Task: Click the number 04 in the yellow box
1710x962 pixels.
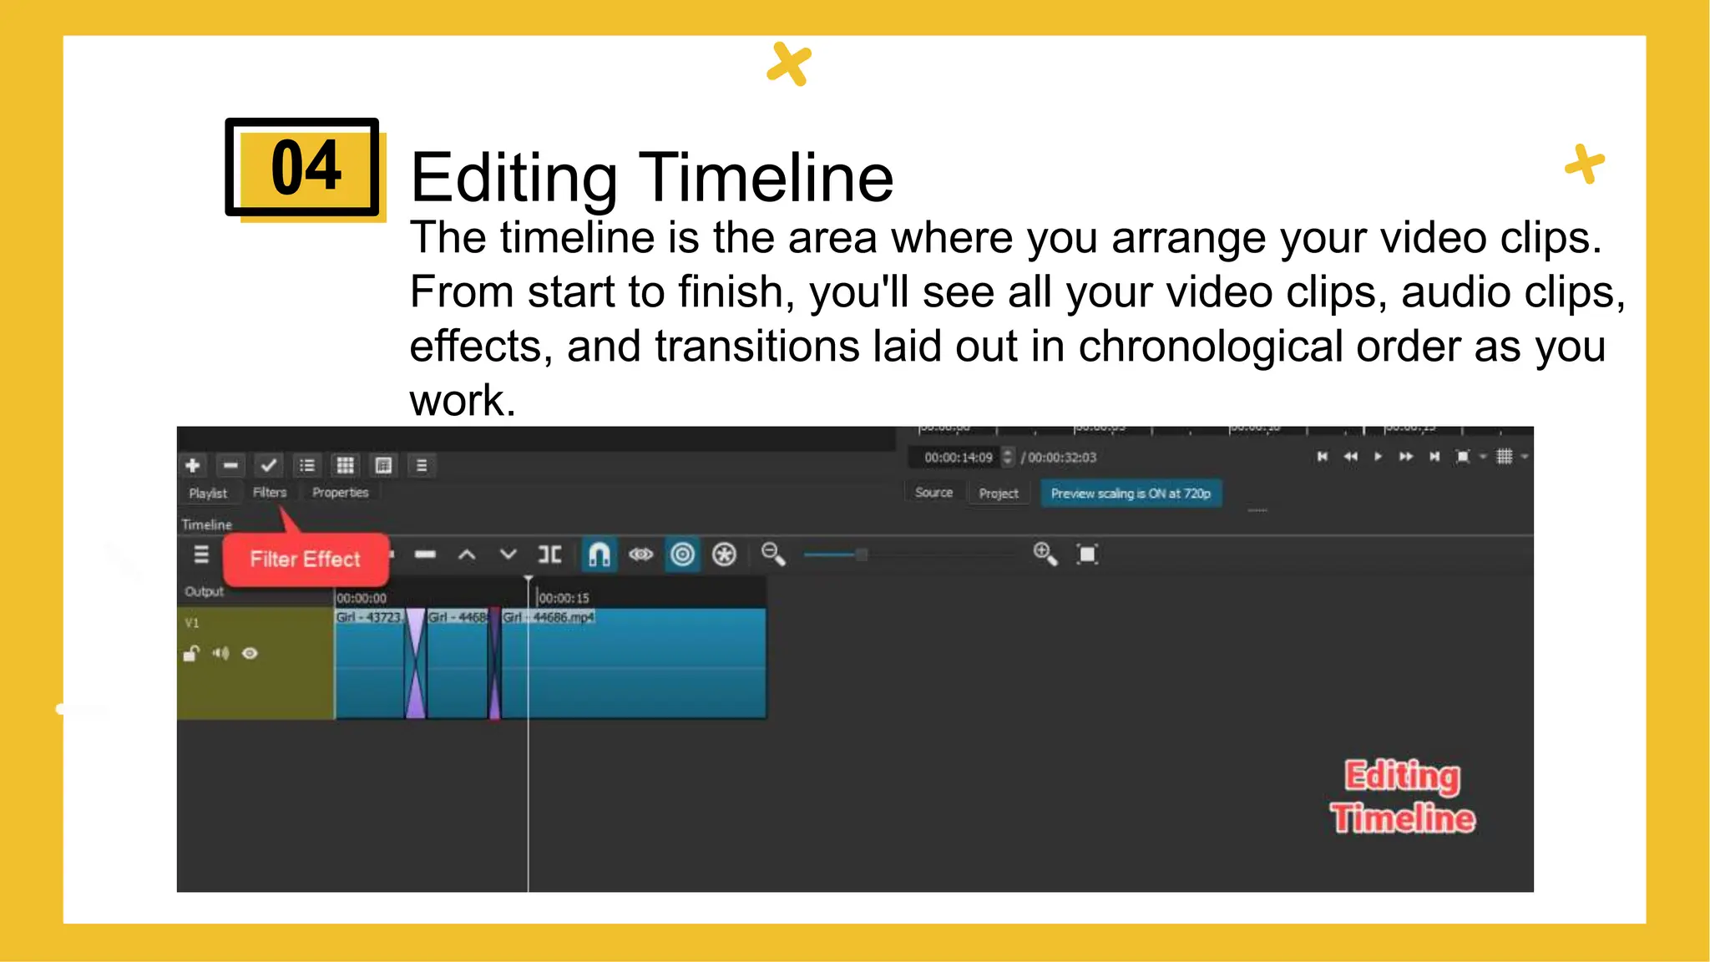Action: (306, 167)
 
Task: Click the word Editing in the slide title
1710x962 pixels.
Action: (514, 177)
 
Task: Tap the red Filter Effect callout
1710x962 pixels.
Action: (305, 559)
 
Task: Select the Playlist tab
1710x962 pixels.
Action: (208, 493)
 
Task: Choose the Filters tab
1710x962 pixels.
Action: (270, 493)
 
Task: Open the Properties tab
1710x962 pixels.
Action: (340, 493)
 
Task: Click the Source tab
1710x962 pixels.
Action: (933, 493)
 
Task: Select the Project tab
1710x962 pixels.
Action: (999, 494)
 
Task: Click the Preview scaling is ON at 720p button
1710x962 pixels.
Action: (1131, 494)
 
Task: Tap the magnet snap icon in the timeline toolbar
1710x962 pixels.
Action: (599, 554)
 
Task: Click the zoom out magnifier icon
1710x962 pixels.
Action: (773, 554)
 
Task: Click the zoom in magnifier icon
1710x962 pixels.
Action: (1045, 554)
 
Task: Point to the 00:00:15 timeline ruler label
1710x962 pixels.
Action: (564, 598)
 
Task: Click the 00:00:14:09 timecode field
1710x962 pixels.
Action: (959, 458)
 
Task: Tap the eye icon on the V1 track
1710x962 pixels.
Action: (250, 653)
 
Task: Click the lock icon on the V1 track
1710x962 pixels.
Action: (191, 653)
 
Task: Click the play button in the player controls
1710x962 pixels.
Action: (1378, 457)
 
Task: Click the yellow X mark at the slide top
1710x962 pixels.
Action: (789, 63)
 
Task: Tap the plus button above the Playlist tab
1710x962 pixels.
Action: (193, 465)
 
